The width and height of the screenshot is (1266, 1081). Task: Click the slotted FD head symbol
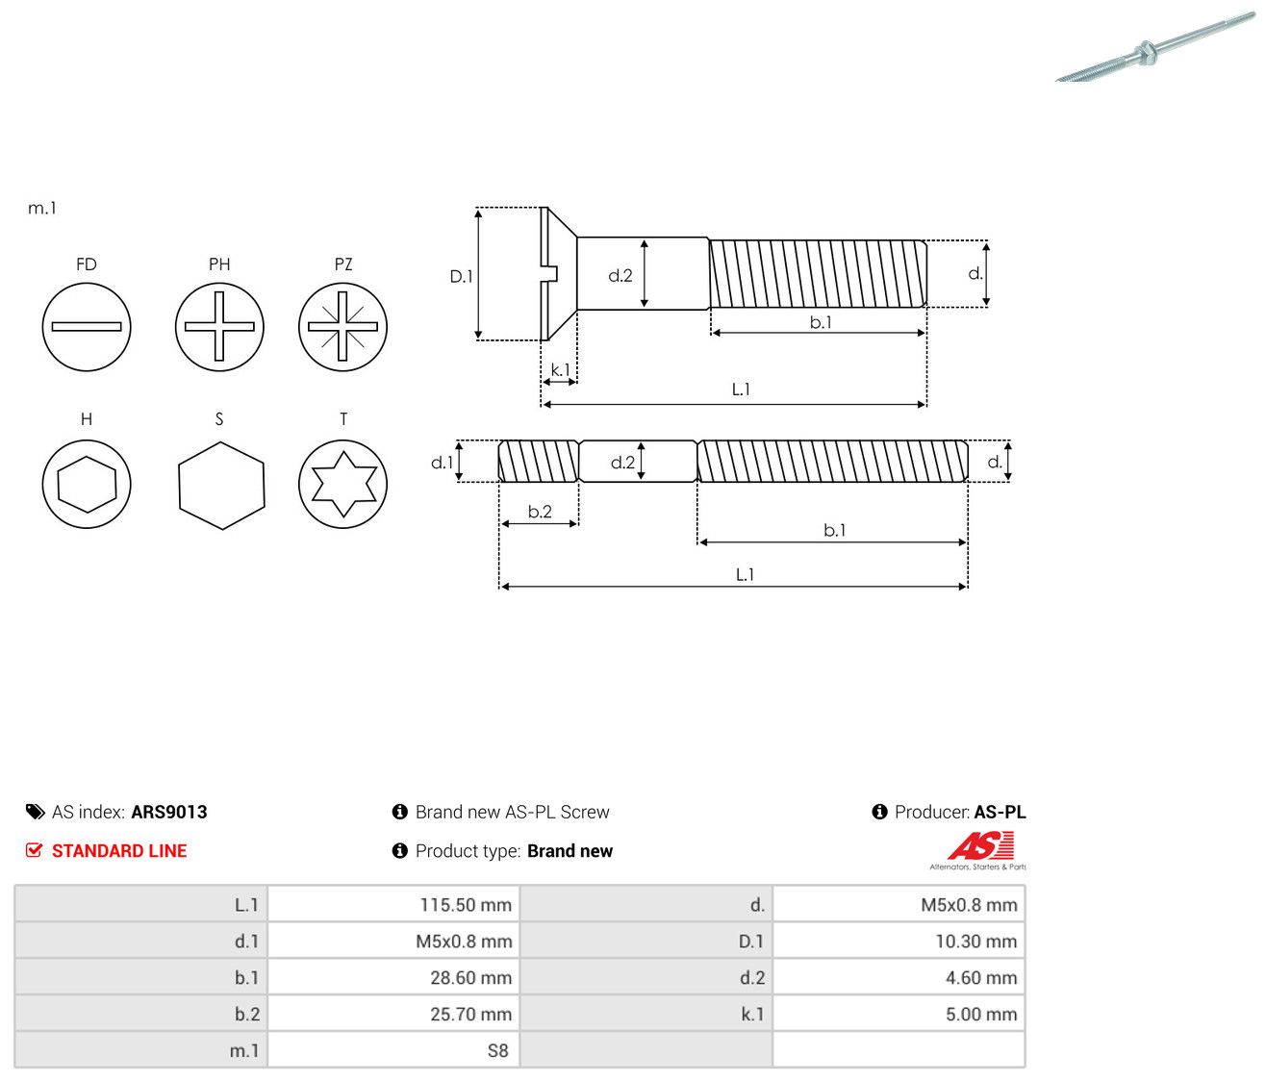pyautogui.click(x=87, y=326)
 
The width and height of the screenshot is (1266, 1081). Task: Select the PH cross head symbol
pyautogui.click(x=219, y=326)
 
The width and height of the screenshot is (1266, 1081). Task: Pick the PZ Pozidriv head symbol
pyautogui.click(x=343, y=326)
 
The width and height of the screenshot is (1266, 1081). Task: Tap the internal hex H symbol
pyautogui.click(x=87, y=484)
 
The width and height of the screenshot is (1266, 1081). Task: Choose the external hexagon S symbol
pyautogui.click(x=221, y=485)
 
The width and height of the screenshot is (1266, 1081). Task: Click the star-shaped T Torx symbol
pyautogui.click(x=343, y=484)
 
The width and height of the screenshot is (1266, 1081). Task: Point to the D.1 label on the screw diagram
pyautogui.click(x=461, y=276)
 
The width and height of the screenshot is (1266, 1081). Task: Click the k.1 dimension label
pyautogui.click(x=560, y=369)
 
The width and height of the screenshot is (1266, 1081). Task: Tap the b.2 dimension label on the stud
pyautogui.click(x=540, y=511)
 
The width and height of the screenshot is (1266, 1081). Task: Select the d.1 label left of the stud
pyautogui.click(x=442, y=463)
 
